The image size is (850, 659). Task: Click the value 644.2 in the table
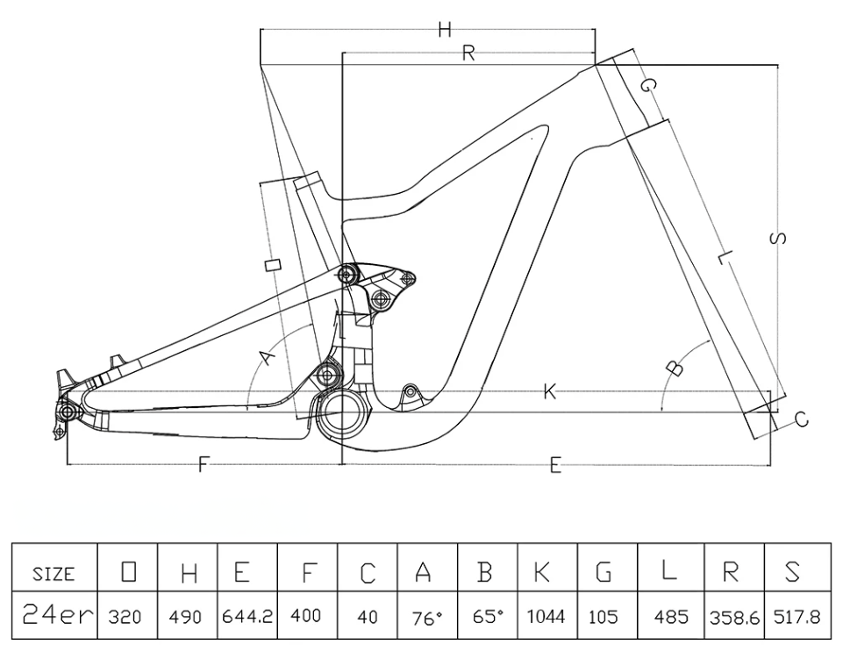click(248, 617)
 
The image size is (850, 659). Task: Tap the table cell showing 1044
click(546, 617)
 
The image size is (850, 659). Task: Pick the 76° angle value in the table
click(426, 618)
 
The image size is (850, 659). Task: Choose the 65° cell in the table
click(487, 617)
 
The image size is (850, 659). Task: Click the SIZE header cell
click(54, 575)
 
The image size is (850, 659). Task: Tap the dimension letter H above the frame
click(445, 31)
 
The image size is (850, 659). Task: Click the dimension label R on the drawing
click(468, 54)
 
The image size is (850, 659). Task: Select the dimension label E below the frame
click(555, 467)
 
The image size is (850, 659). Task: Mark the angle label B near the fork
click(674, 367)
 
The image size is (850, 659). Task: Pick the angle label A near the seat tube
click(268, 358)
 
